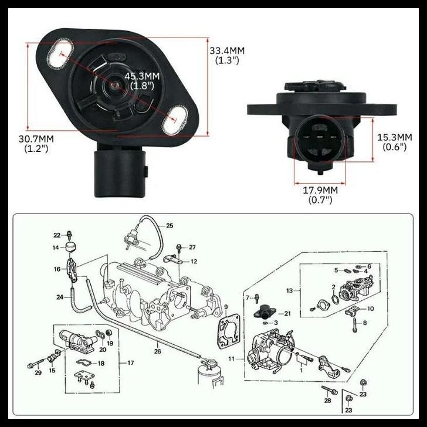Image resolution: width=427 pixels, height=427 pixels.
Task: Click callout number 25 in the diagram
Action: click(x=170, y=226)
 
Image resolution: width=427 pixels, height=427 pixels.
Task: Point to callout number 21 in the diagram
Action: click(x=287, y=314)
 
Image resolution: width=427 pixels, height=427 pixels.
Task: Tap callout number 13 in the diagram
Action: click(x=289, y=290)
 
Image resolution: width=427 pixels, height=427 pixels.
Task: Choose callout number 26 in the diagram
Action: click(x=157, y=351)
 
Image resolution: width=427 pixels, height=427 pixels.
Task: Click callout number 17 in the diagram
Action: click(x=130, y=362)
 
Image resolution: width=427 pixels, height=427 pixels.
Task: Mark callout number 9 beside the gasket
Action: click(x=226, y=307)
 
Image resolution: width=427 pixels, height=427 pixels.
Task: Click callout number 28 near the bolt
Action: click(x=327, y=400)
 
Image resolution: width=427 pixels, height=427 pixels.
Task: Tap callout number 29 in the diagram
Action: click(x=38, y=373)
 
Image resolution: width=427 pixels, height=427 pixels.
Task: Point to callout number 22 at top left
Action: click(x=58, y=235)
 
